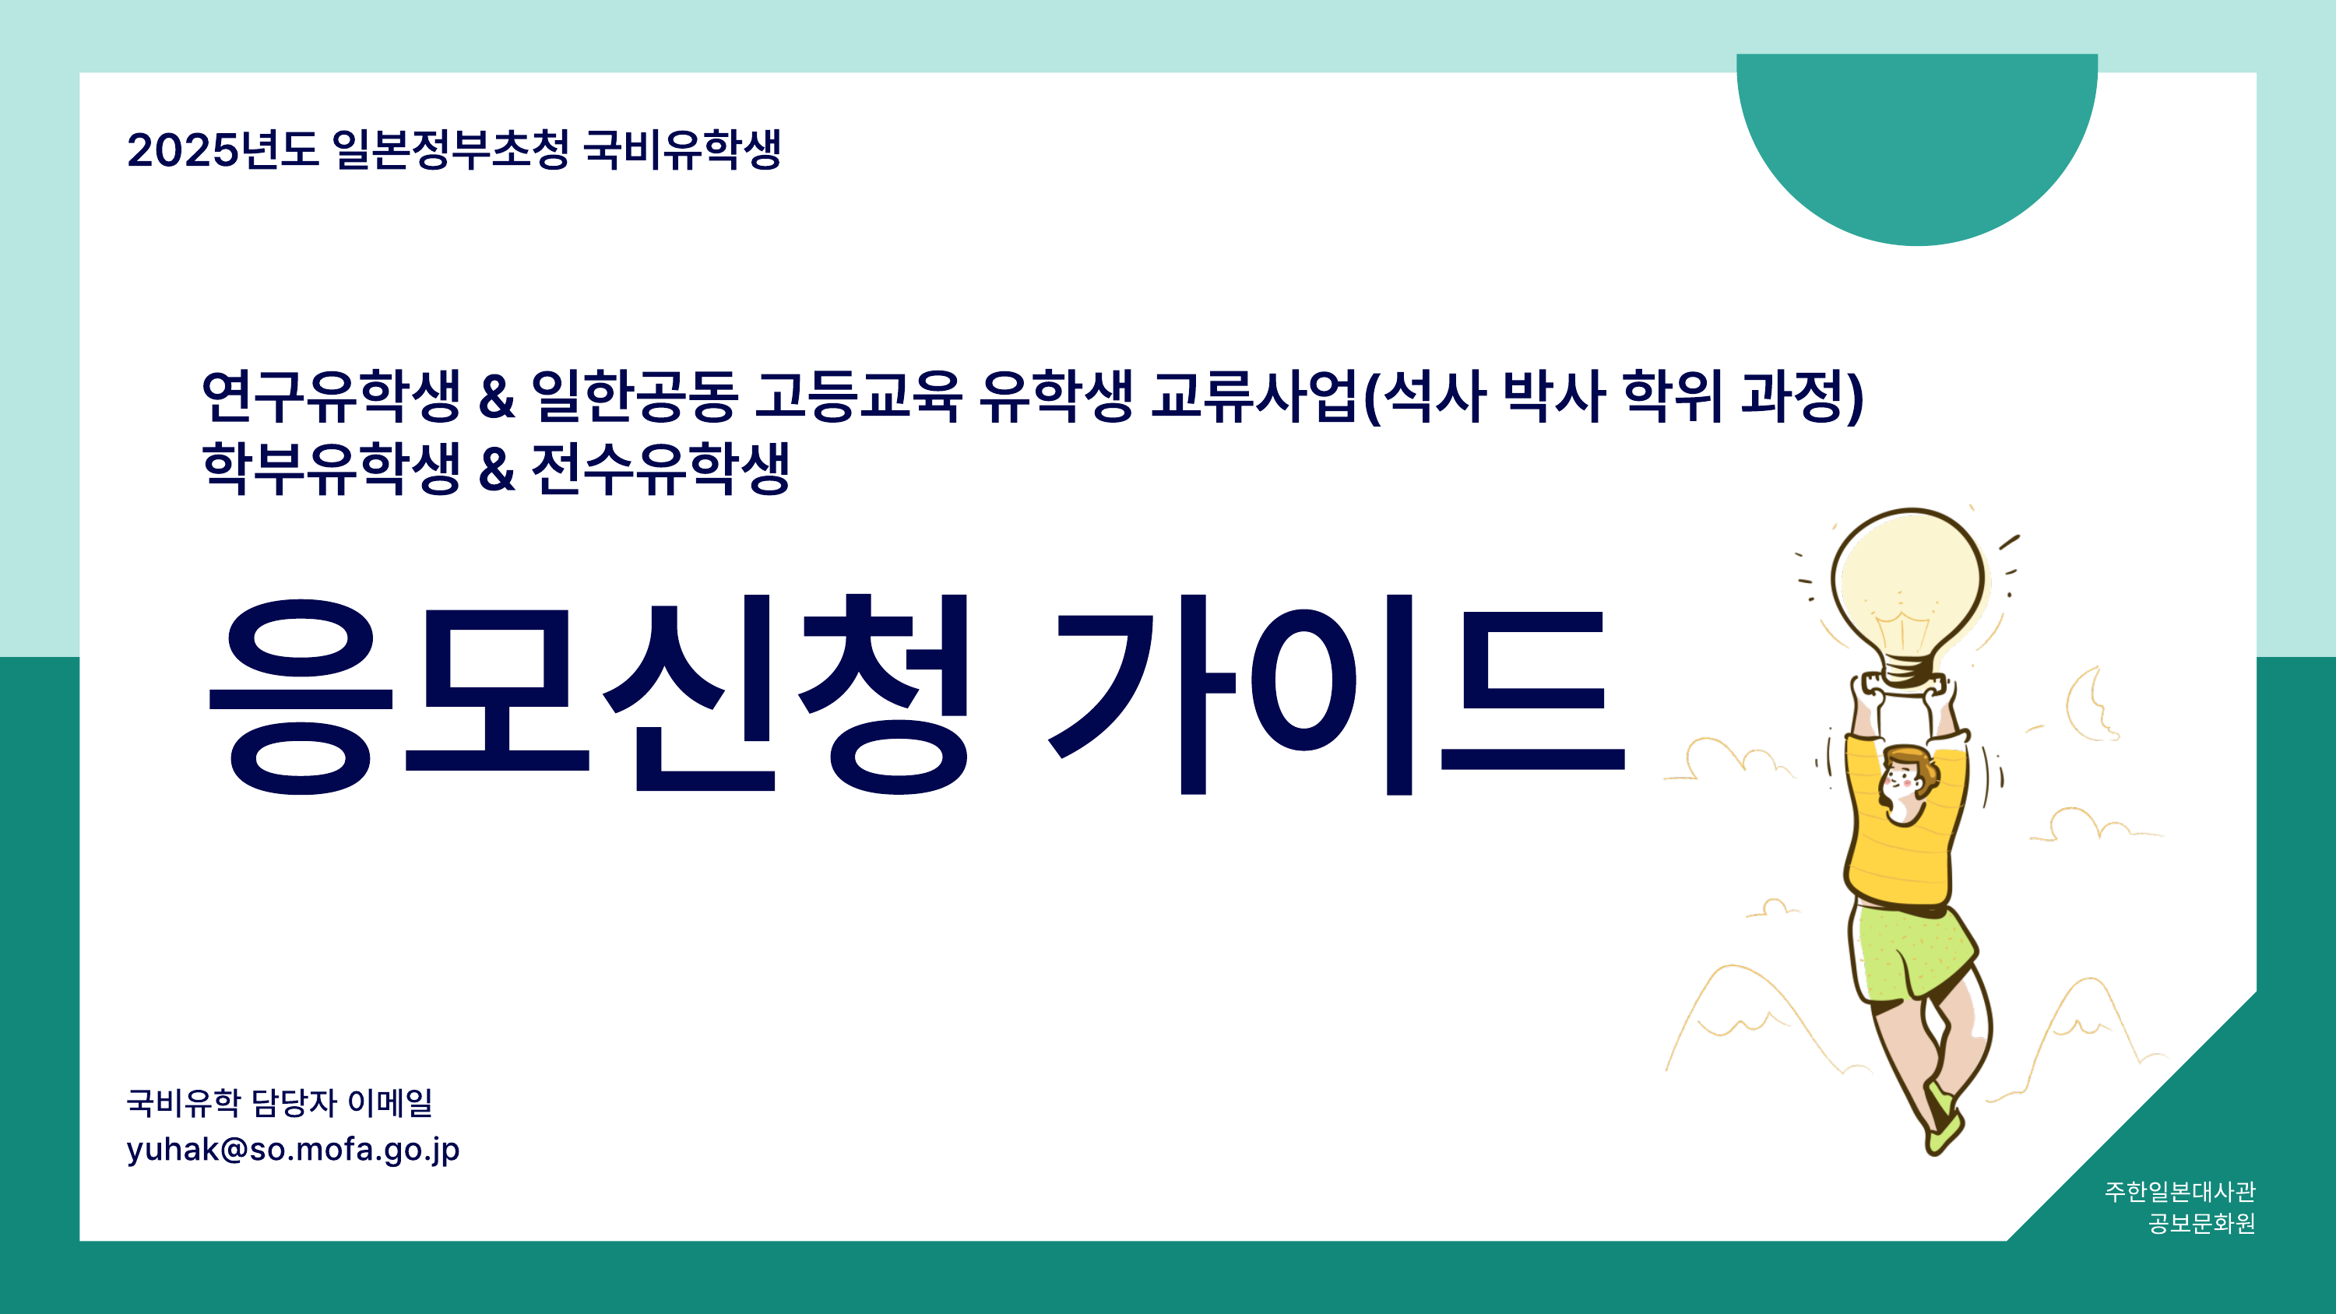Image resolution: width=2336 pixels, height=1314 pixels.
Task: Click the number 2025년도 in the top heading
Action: click(x=222, y=149)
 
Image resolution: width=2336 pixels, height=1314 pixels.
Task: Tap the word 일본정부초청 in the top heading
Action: click(x=451, y=149)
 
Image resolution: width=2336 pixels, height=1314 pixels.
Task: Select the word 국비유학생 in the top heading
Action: click(x=682, y=149)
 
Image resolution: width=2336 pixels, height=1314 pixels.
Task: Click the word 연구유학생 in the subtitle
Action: click(x=331, y=396)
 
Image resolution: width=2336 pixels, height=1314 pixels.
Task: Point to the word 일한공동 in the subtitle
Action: click(x=634, y=396)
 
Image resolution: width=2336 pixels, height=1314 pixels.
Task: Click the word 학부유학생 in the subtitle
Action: click(x=331, y=468)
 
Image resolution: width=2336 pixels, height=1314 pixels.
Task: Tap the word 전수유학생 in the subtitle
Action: click(x=660, y=468)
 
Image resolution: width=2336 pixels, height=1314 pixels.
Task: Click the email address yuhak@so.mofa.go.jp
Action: click(x=293, y=1150)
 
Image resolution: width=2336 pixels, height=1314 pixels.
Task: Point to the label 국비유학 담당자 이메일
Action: click(x=280, y=1103)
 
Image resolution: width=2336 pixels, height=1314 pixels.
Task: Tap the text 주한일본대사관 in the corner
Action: click(x=2180, y=1191)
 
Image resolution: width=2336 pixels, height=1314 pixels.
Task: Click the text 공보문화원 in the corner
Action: click(x=2202, y=1224)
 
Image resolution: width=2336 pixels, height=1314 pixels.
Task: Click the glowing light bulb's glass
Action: click(x=1907, y=585)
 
